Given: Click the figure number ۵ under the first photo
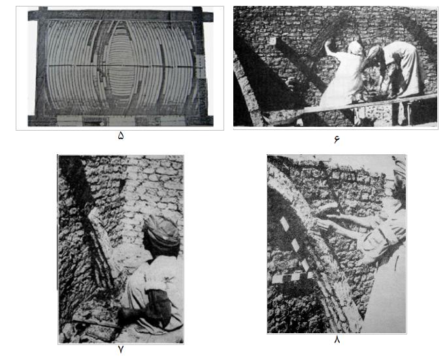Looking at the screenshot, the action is (121, 136).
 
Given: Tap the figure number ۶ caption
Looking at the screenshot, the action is (337, 139).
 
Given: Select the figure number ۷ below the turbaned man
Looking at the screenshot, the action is (121, 349).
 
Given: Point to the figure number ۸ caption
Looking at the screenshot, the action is (337, 340).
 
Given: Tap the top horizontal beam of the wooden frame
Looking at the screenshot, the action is (120, 15).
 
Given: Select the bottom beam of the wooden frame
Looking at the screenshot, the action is (120, 121).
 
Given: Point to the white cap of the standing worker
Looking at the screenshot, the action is (354, 47).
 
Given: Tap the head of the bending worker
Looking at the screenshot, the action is (374, 54).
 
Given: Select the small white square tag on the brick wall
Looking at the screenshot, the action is (273, 41).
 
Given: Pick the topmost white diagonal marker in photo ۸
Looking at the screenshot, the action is (284, 224).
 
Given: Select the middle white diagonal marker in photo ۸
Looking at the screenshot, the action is (295, 245).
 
